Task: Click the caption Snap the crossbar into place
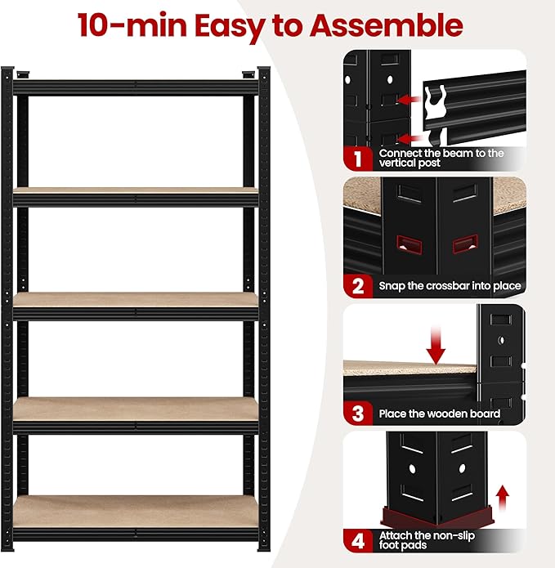(x=450, y=286)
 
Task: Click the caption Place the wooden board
(x=440, y=414)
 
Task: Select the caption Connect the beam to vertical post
(x=441, y=158)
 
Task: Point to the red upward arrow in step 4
(x=504, y=494)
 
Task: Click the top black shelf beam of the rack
(x=136, y=85)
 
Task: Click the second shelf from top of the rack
(x=136, y=195)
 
